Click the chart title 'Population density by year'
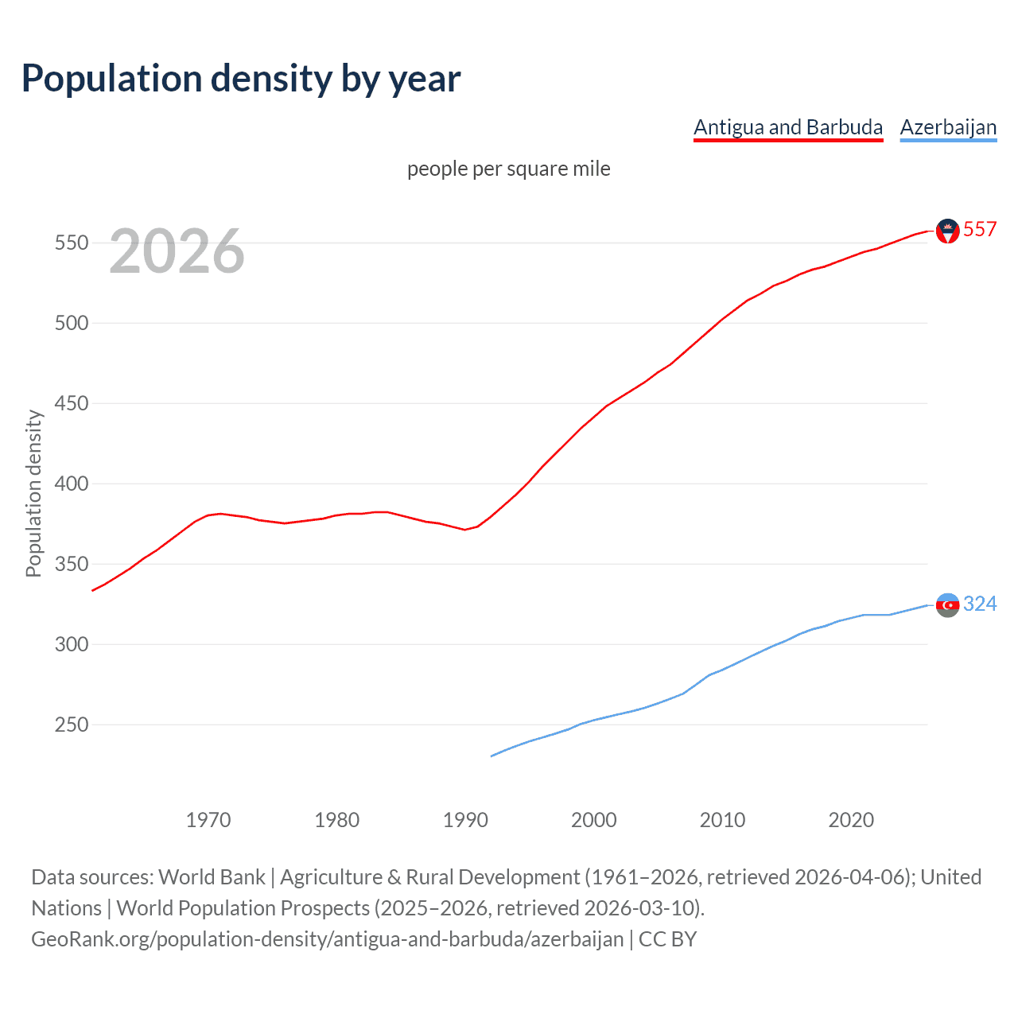pos(241,79)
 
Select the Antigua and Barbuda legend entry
pos(788,127)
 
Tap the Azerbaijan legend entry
pos(948,127)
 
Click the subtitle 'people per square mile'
pos(508,169)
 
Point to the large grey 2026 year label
pos(177,251)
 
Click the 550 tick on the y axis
pos(71,243)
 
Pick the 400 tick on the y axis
pos(71,484)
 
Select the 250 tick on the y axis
pos(71,725)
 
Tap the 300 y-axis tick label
pos(71,644)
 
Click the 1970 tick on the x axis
pos(208,820)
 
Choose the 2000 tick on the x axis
pos(594,820)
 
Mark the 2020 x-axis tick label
pos(851,820)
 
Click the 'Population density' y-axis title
pos(33,493)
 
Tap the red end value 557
pos(980,230)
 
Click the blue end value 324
pos(980,604)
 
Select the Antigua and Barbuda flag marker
pos(947,231)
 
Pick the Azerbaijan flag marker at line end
pos(947,605)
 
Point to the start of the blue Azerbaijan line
pos(492,756)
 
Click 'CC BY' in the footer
pos(667,939)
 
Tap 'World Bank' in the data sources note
pos(212,877)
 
